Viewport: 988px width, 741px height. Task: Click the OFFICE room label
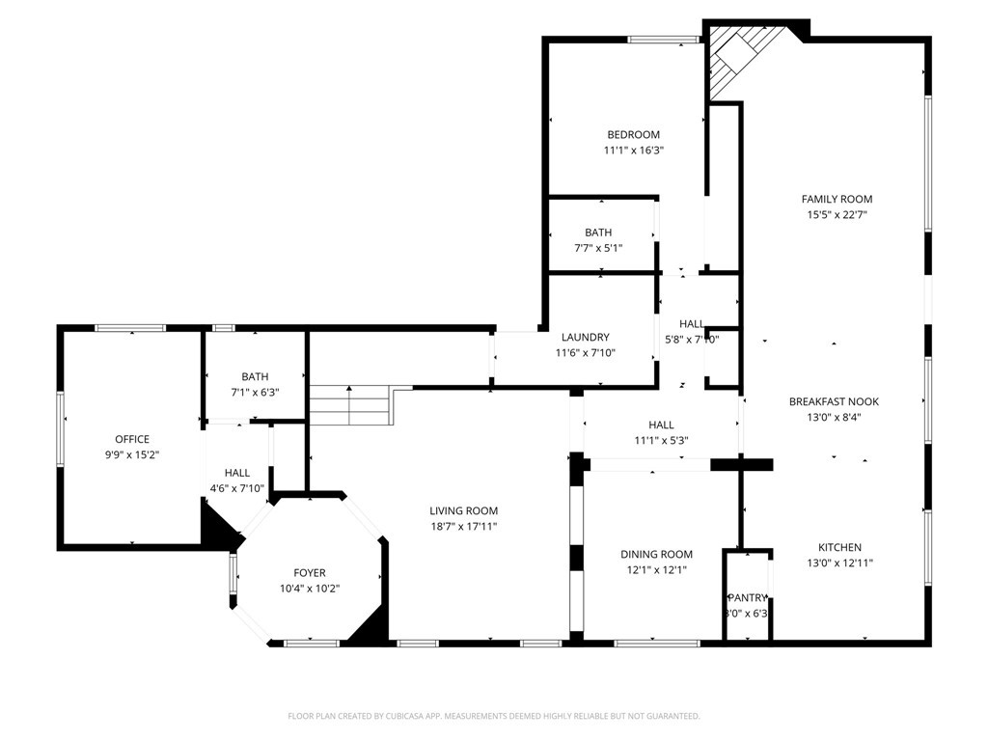132,439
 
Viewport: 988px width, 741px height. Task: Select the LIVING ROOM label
463,511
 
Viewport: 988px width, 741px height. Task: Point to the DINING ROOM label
656,555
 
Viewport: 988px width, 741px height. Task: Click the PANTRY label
747,598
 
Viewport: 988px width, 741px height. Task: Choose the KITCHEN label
839,547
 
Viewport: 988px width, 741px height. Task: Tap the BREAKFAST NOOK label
834,401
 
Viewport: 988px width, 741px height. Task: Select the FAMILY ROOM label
837,200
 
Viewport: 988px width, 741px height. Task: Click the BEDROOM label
633,135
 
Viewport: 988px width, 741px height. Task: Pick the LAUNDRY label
586,338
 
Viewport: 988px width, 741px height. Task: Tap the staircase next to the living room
349,405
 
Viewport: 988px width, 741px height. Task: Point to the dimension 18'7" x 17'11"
463,527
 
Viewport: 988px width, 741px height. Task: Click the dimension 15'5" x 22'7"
837,215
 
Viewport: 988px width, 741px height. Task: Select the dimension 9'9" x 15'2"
132,454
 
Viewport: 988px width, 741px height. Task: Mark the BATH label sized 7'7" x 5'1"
598,233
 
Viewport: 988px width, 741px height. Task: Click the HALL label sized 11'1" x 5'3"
661,425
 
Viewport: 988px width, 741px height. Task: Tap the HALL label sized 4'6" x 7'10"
237,473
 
